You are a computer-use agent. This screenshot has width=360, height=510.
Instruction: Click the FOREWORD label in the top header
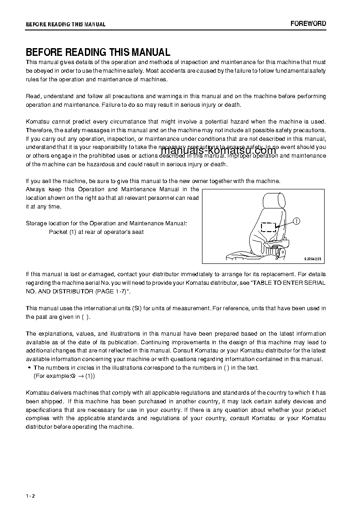308,24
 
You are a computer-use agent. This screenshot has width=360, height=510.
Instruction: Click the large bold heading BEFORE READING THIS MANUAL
98,52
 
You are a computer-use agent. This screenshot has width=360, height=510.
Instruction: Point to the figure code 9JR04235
312,259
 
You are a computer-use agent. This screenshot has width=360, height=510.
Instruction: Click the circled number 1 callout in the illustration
296,221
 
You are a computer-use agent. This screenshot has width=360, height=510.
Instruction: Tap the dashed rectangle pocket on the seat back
269,227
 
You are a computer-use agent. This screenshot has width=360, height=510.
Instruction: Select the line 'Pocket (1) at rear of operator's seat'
96,232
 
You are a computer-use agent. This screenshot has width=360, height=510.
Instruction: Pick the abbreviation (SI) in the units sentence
137,308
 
